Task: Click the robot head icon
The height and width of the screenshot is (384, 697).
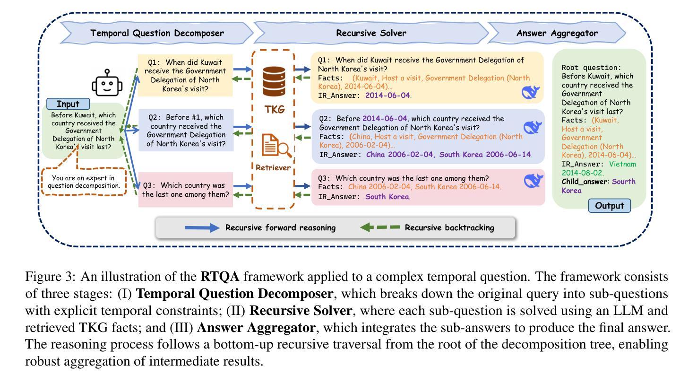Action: coord(107,83)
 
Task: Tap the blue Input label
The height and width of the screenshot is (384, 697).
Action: coord(68,104)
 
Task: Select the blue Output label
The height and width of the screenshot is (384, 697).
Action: coord(609,206)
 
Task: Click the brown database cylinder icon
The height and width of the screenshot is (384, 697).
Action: coord(274,81)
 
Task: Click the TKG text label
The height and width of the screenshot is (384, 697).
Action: coord(275,110)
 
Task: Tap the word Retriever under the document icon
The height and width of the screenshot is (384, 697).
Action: coord(273,167)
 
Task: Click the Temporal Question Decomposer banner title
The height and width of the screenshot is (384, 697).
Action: coord(157,33)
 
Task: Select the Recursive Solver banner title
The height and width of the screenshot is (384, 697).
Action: coord(371,33)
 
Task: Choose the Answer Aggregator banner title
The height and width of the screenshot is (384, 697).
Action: coord(557,33)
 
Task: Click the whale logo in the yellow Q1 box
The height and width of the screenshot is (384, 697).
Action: coord(530,92)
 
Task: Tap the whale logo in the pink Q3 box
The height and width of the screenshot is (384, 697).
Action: coord(533,181)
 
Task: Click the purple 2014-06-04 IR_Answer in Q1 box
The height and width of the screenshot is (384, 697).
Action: coord(387,96)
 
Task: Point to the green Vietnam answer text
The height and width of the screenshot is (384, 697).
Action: coord(622,164)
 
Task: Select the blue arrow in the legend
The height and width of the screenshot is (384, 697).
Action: coord(202,227)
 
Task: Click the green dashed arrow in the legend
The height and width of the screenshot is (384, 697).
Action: coord(380,227)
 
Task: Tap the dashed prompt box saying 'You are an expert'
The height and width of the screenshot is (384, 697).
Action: coord(84,182)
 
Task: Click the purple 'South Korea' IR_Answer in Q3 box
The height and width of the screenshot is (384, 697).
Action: coord(387,197)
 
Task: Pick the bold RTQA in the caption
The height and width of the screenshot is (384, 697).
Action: coord(220,277)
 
